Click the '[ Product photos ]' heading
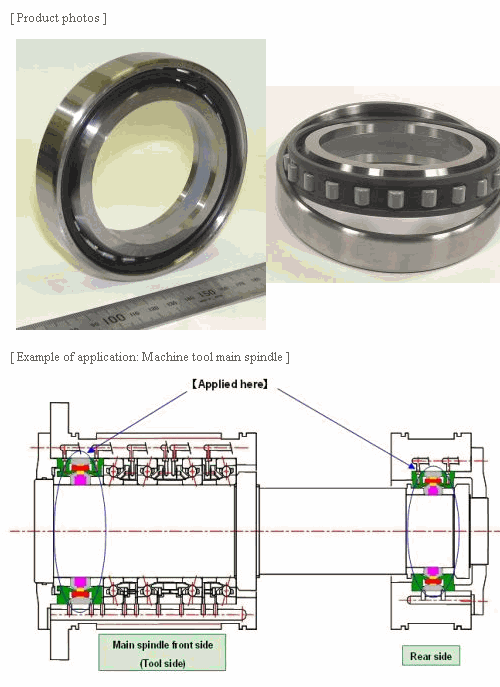click(x=58, y=18)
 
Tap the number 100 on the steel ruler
click(x=113, y=319)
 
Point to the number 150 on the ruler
click(x=206, y=293)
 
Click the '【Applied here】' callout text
click(x=230, y=384)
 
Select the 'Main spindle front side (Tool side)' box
click(x=162, y=652)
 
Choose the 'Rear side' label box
click(x=431, y=656)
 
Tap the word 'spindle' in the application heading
click(x=263, y=358)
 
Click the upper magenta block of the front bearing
click(x=80, y=479)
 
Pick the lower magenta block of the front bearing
click(x=80, y=582)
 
